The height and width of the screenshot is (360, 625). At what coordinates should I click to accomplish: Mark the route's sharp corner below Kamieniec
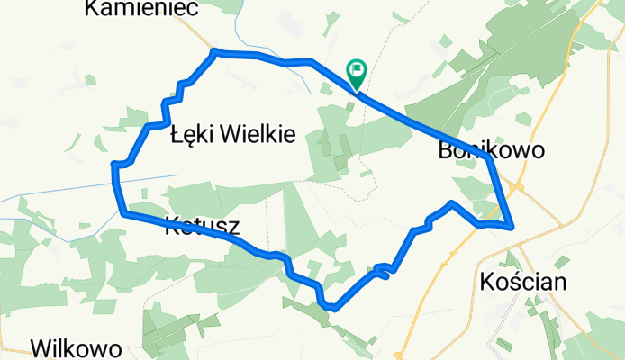(214, 52)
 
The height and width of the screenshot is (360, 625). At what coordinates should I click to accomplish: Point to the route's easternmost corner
(512, 226)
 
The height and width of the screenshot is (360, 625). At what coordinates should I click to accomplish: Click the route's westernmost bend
(113, 166)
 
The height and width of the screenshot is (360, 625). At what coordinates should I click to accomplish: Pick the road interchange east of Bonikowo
(520, 188)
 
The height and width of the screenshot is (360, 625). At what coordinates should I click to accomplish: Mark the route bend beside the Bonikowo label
(487, 157)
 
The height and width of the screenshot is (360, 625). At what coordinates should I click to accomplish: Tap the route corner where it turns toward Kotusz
(122, 213)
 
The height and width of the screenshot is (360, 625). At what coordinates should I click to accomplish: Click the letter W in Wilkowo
(41, 348)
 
